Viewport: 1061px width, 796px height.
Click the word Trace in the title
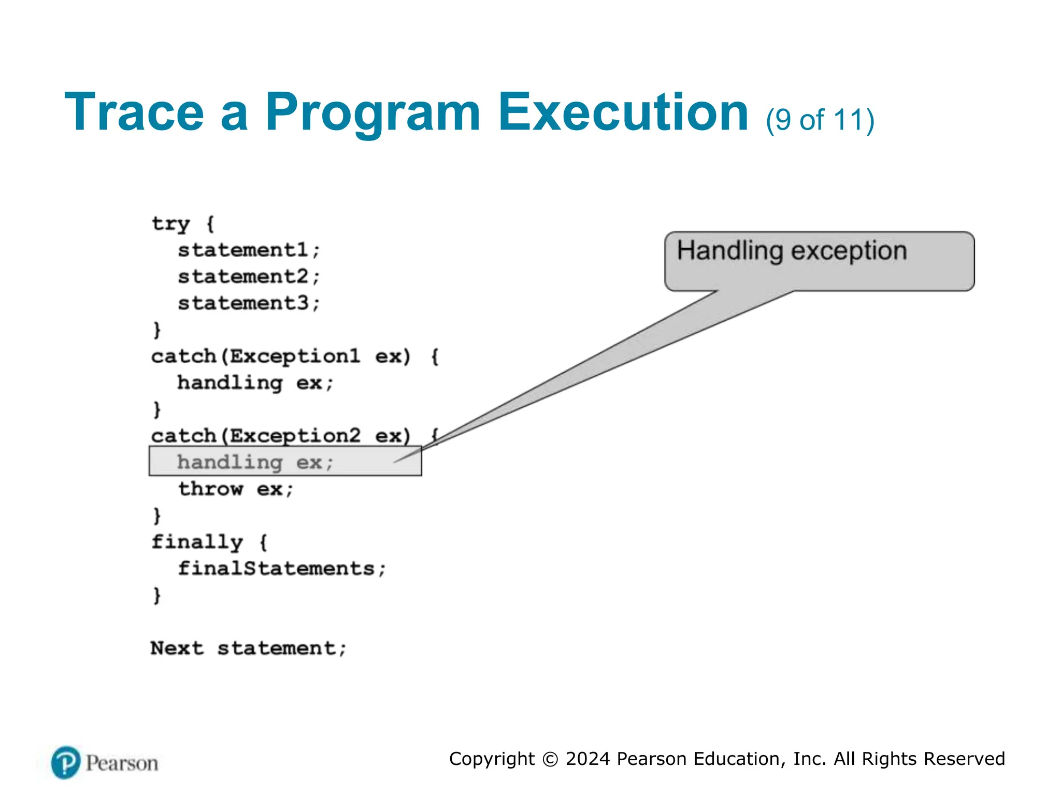pyautogui.click(x=134, y=112)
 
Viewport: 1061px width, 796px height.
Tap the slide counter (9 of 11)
pyautogui.click(x=820, y=120)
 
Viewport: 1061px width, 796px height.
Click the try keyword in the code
pyautogui.click(x=170, y=224)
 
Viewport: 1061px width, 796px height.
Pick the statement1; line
pyautogui.click(x=249, y=250)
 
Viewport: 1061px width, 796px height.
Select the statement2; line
pyautogui.click(x=249, y=277)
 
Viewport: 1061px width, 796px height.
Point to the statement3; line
pyautogui.click(x=249, y=303)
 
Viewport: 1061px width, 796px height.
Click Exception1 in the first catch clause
pyautogui.click(x=294, y=357)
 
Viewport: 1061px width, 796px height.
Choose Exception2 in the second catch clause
pyautogui.click(x=294, y=436)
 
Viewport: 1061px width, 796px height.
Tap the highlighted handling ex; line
pyautogui.click(x=255, y=462)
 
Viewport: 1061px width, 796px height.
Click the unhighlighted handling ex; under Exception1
pyautogui.click(x=255, y=383)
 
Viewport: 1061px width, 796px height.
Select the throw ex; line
pyautogui.click(x=236, y=489)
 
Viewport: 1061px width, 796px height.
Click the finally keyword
pyautogui.click(x=197, y=542)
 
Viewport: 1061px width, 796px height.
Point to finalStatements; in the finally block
pyautogui.click(x=282, y=568)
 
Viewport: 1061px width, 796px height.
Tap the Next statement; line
pyautogui.click(x=248, y=648)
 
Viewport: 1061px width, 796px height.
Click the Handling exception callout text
pyautogui.click(x=792, y=251)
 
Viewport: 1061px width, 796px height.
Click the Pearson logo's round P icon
pyautogui.click(x=66, y=762)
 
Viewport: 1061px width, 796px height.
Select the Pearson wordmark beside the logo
pyautogui.click(x=122, y=763)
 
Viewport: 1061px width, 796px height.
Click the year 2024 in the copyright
pyautogui.click(x=587, y=759)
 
